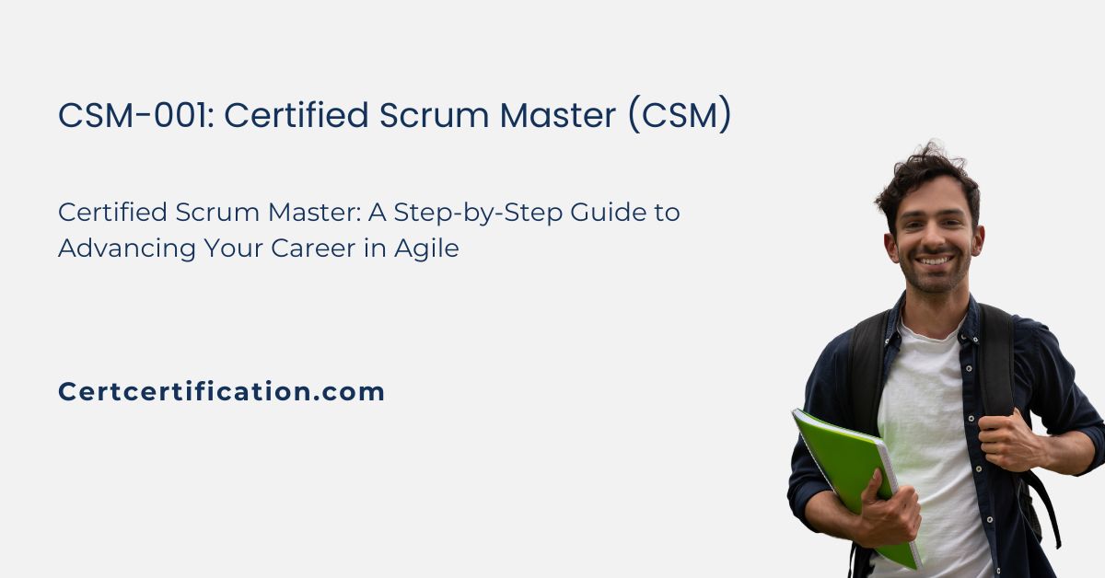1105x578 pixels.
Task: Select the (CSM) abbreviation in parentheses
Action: pos(680,115)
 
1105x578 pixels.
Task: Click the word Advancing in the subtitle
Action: pos(127,249)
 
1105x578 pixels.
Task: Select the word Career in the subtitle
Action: pos(313,249)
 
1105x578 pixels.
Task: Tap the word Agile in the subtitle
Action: pos(426,249)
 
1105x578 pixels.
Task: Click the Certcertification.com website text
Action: pos(221,391)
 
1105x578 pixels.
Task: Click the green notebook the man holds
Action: pos(855,480)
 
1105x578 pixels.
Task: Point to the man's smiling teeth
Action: pos(934,260)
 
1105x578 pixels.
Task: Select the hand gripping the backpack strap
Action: pos(1006,442)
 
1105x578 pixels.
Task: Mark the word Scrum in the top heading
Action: pos(434,115)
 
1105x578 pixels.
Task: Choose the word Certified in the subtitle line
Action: pos(112,212)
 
